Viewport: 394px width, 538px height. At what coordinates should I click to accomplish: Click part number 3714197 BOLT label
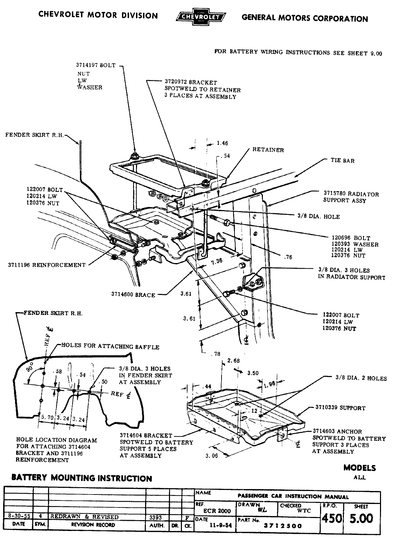coord(96,65)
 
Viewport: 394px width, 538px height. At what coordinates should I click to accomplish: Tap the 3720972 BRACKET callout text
coord(191,82)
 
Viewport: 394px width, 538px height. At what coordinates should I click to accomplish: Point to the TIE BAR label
coord(342,161)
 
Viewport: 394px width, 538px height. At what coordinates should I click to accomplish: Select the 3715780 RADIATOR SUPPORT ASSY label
coord(351,197)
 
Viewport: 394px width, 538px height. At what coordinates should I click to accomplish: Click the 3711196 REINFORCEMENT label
coord(47,265)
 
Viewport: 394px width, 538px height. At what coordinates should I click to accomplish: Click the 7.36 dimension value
coord(216,261)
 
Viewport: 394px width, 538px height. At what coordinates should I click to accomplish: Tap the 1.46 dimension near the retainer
coord(222,143)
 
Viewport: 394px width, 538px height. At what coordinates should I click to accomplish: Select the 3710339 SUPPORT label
coord(340,408)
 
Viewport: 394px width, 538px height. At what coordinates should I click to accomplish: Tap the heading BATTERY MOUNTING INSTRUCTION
coord(82,478)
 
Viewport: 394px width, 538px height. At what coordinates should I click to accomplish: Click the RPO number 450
coord(331,518)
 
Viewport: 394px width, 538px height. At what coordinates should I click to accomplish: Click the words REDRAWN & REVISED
coord(84,517)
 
